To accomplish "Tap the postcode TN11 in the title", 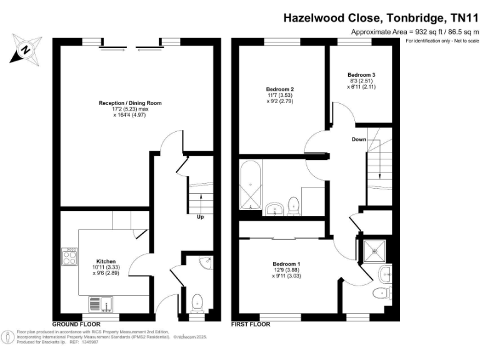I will pos(462,19).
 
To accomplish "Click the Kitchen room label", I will pos(106,261).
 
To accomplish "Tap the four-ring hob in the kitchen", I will pos(69,256).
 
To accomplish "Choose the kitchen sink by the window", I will pos(99,304).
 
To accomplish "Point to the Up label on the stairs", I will pos(200,217).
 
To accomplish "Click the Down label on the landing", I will pos(359,139).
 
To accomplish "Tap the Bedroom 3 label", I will pos(361,75).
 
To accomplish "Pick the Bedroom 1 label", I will pos(286,264).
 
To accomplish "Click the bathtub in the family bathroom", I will pos(252,185).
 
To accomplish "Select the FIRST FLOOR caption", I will pos(251,324).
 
